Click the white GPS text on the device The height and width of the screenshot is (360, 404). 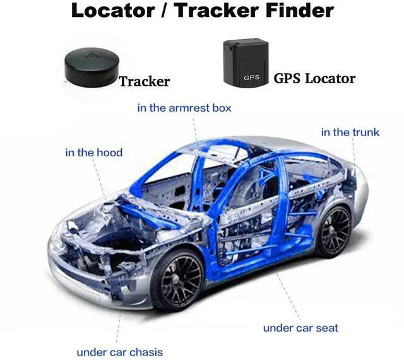(251, 77)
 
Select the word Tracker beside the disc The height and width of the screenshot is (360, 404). (145, 81)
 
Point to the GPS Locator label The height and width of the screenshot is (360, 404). (314, 78)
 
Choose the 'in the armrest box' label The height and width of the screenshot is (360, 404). (184, 108)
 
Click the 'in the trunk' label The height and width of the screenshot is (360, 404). (350, 132)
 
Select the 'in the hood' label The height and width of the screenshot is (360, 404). (94, 152)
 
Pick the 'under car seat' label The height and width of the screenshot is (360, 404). (300, 327)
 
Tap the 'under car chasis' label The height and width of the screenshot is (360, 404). (119, 352)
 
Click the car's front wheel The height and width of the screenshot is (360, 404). (177, 279)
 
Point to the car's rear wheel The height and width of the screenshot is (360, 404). (333, 230)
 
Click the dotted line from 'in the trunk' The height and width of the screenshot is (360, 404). (353, 158)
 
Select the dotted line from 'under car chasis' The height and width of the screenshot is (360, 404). (118, 322)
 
